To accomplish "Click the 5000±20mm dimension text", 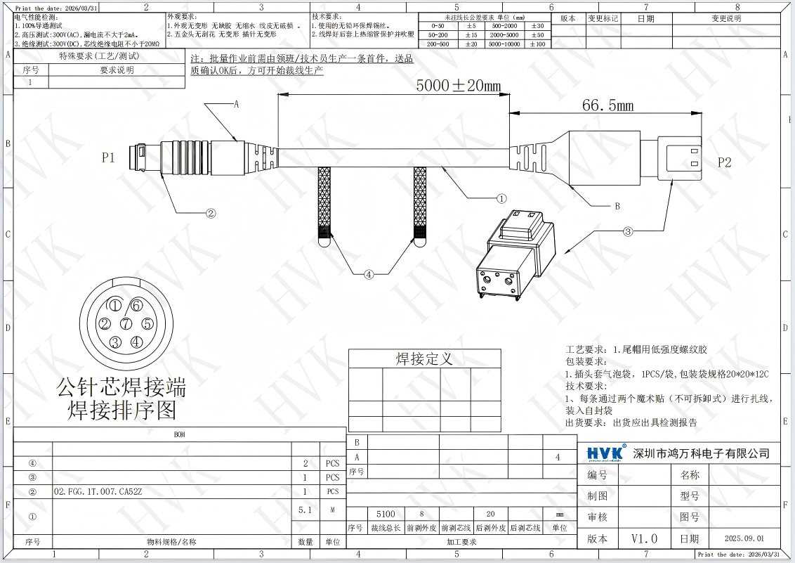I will coord(458,86).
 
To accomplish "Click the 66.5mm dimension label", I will coord(607,105).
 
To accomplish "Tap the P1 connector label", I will coord(108,158).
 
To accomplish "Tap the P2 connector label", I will coord(724,162).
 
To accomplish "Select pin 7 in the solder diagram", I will coord(126,324).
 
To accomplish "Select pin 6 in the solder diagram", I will coord(136,305).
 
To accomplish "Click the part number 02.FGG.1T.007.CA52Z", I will coord(98,492).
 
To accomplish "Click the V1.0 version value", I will coord(644,538).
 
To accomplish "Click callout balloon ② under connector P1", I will coord(209,212).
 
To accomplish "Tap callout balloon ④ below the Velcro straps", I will coord(369,275).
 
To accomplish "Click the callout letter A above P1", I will coord(237,104).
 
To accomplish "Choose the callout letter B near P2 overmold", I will coord(617,206).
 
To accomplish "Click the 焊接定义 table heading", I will coord(424,359).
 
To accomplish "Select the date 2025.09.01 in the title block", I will coord(744,538).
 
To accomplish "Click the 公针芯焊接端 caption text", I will coord(121,386).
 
